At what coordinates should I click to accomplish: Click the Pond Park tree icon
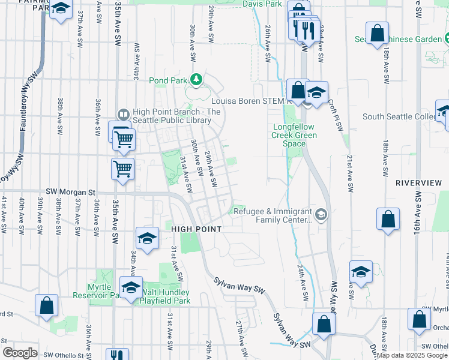point(196,79)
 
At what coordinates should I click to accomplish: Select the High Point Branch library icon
point(123,113)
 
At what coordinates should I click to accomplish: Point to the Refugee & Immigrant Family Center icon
point(322,214)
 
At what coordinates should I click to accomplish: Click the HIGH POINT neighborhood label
point(196,229)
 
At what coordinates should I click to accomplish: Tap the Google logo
point(20,353)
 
